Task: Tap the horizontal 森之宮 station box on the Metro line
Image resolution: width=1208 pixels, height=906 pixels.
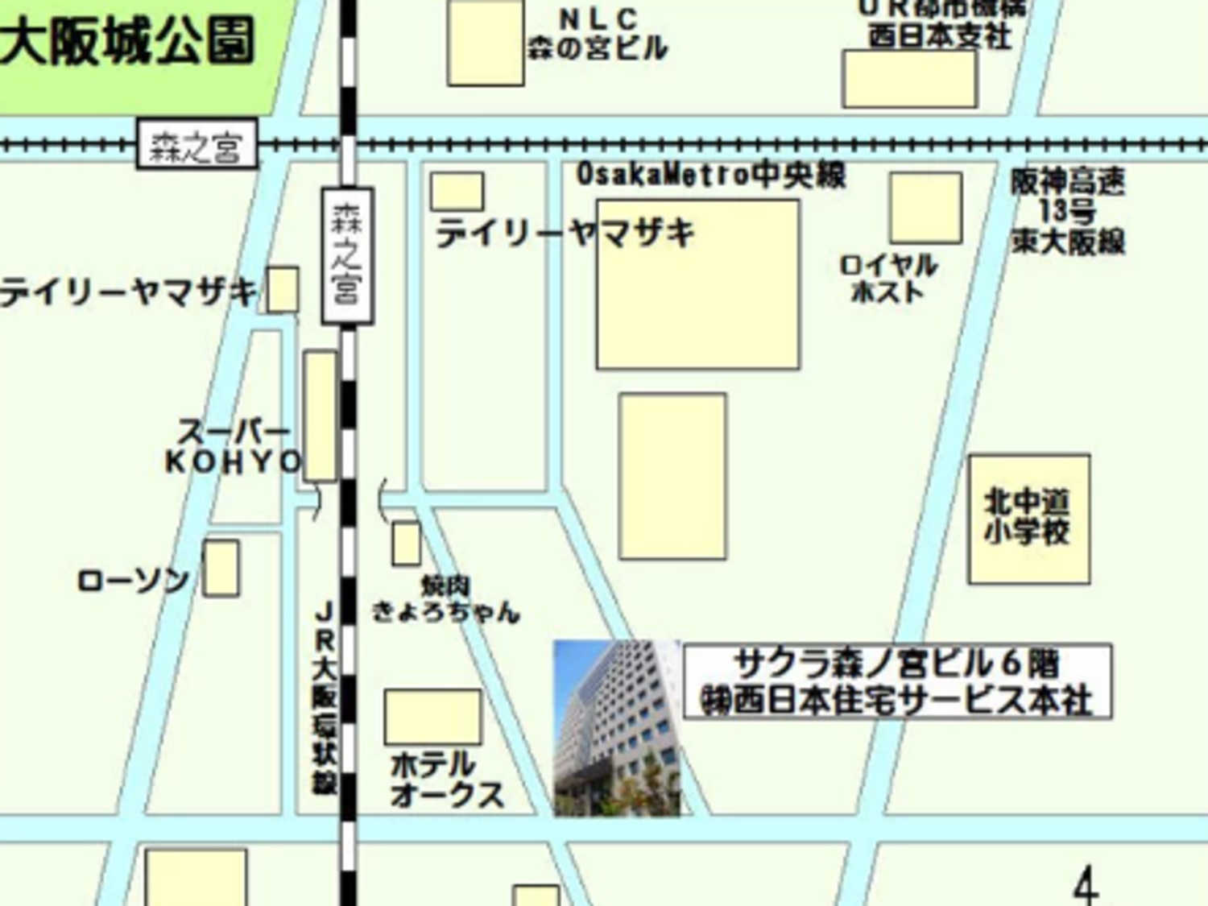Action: point(197,145)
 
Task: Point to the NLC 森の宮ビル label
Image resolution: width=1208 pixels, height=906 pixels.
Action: point(598,35)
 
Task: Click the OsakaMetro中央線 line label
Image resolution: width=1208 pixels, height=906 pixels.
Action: point(710,175)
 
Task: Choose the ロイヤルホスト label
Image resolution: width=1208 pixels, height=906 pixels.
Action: point(888,279)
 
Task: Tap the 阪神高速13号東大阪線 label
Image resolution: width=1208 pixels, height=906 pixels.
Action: point(1068,212)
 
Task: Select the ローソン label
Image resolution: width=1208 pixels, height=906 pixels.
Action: point(133,581)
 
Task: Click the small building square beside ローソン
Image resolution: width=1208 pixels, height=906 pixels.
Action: point(221,568)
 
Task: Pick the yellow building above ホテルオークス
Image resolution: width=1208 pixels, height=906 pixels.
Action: point(432,716)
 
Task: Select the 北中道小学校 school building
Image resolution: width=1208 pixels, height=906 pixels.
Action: point(1028,518)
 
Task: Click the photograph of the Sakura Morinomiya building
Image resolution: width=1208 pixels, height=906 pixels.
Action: point(617,728)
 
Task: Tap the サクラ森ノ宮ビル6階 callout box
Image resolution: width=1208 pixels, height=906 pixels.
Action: point(897,681)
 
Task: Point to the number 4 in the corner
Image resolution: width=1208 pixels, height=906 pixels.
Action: point(1086,886)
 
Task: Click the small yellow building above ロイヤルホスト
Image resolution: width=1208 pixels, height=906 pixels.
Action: point(925,207)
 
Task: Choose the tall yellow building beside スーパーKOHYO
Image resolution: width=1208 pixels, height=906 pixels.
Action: point(321,416)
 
